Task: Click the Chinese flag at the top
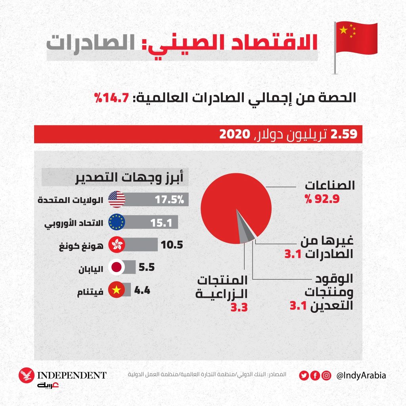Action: (356, 38)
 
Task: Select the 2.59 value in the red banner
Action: (345, 134)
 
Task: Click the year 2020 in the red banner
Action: (234, 134)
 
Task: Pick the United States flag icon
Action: (117, 199)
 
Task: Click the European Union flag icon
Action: (117, 222)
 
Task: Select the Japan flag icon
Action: (117, 268)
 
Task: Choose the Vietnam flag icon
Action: (117, 290)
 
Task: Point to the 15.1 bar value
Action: (161, 222)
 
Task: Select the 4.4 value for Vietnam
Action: (142, 290)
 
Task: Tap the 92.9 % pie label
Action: (322, 199)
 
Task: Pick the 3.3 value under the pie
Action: (239, 306)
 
